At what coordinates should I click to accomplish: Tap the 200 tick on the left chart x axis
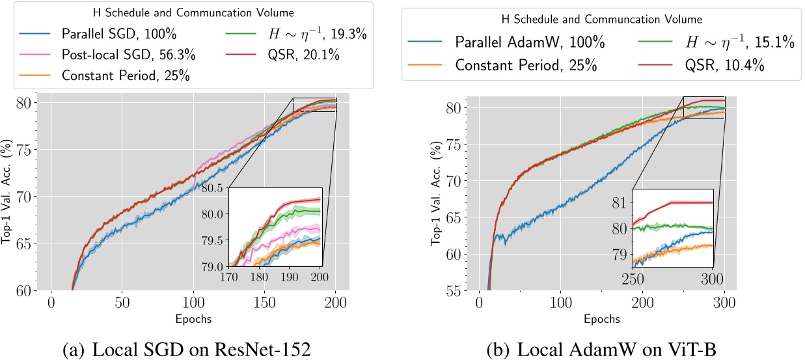[335, 303]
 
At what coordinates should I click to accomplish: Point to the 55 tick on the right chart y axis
[446, 290]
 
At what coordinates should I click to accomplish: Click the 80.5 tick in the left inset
[213, 188]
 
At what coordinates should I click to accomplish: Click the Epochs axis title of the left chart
[193, 320]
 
